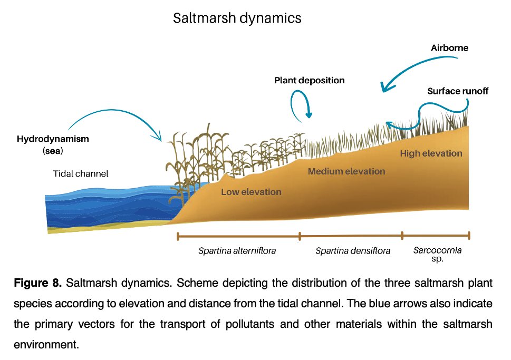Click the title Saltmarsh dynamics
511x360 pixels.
[x=237, y=18]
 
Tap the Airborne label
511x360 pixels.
[x=449, y=48]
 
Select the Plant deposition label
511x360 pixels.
[x=309, y=81]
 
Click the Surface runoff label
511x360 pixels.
[x=458, y=91]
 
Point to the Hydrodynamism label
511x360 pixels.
[x=53, y=139]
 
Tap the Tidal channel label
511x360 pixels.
[x=81, y=173]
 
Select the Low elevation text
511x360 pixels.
[x=251, y=192]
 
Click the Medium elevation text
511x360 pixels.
[x=346, y=171]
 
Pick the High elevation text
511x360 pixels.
[x=431, y=153]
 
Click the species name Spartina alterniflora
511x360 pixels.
[x=237, y=251]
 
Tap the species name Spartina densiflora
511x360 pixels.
[x=353, y=251]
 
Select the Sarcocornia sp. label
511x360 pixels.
[x=437, y=254]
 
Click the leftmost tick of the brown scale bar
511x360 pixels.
[x=178, y=236]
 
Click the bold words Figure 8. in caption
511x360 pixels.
[x=37, y=284]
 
